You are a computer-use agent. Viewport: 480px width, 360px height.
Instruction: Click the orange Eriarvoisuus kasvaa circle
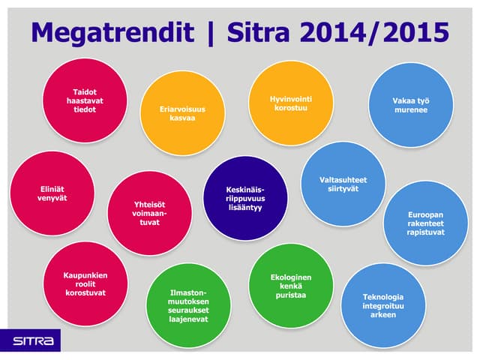pyautogui.click(x=182, y=114)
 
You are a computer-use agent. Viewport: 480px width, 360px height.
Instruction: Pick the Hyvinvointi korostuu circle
pyautogui.click(x=290, y=103)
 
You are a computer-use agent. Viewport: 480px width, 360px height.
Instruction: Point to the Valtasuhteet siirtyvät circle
pyautogui.click(x=343, y=184)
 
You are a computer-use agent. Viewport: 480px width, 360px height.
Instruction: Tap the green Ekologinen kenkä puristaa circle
pyautogui.click(x=290, y=286)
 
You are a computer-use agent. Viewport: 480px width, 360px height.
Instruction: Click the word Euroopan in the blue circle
pyautogui.click(x=426, y=212)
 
